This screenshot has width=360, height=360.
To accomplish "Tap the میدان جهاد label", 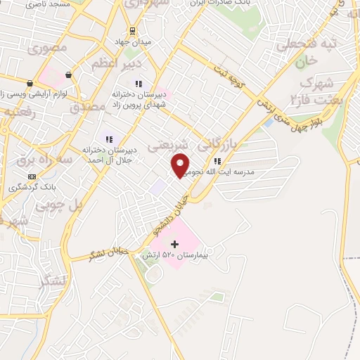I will [x=133, y=42].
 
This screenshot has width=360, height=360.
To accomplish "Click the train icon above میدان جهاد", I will [x=131, y=30].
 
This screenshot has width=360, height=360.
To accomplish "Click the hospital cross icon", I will [x=175, y=243].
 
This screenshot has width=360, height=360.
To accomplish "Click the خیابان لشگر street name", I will [x=106, y=255].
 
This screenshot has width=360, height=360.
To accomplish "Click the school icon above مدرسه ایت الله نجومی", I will [x=227, y=161].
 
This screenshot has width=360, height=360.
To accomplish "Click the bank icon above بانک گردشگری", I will [x=31, y=176].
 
